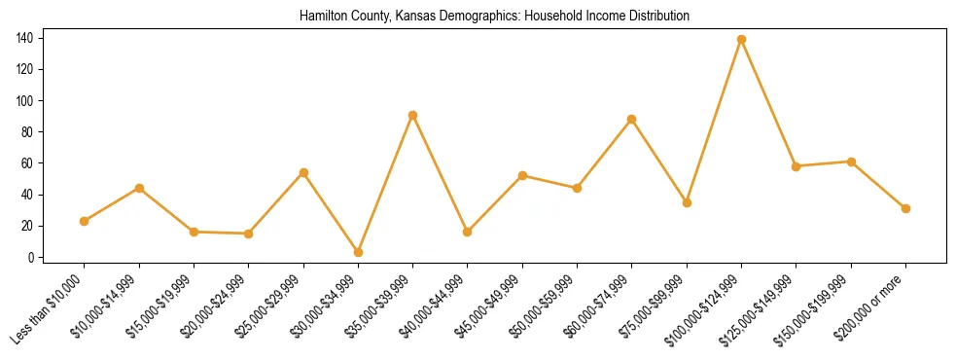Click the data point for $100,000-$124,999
point(742,40)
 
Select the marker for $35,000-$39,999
point(413,115)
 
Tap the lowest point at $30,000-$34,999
point(359,252)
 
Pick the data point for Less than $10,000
point(85,221)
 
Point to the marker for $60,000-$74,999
point(632,120)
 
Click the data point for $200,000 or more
point(905,208)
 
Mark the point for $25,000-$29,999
point(303,173)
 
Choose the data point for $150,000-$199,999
point(851,162)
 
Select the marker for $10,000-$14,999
point(139,188)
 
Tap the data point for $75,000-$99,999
point(687,203)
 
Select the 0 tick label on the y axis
point(32,257)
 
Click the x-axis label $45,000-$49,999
point(490,306)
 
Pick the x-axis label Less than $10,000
point(51,307)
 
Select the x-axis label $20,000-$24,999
point(216,306)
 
